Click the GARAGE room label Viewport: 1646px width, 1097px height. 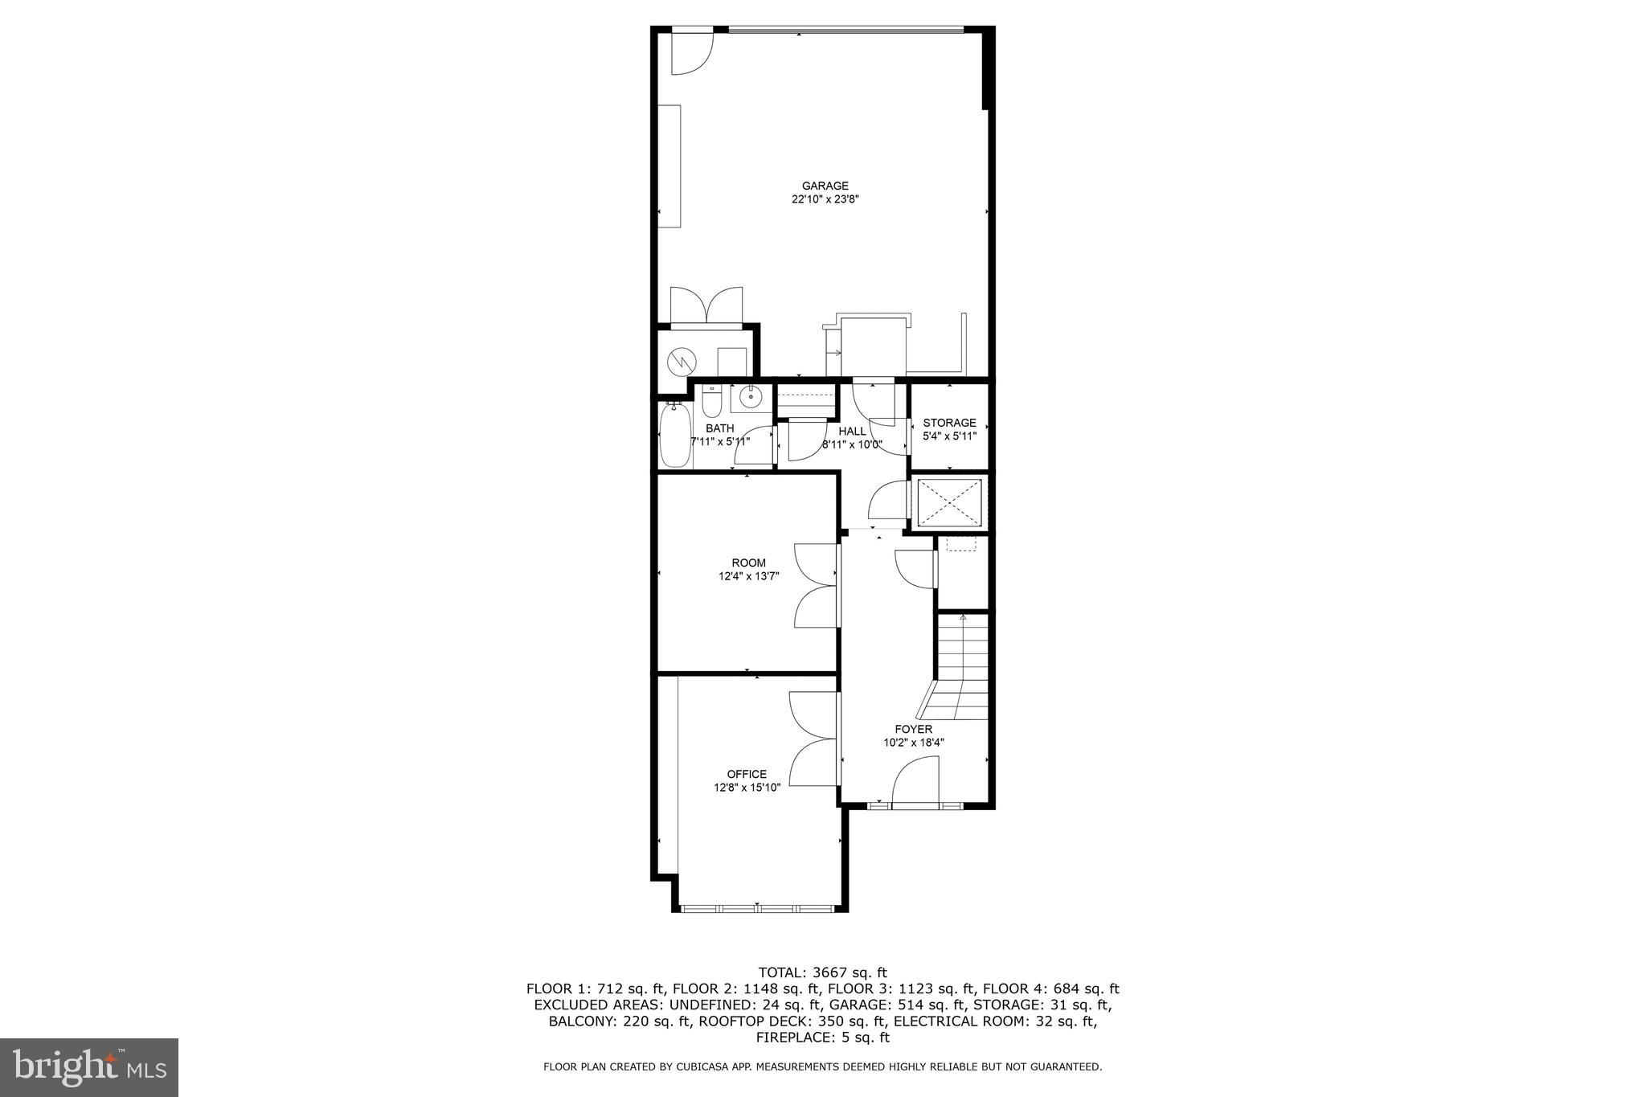click(x=825, y=186)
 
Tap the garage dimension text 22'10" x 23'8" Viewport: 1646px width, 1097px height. click(x=825, y=199)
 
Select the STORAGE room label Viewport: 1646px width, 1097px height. click(x=949, y=423)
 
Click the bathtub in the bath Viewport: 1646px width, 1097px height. click(x=675, y=436)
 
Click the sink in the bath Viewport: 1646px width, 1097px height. click(x=751, y=398)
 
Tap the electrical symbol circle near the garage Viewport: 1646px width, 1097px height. click(x=681, y=361)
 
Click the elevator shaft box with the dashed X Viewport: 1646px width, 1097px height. click(x=949, y=503)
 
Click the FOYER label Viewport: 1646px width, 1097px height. click(x=914, y=730)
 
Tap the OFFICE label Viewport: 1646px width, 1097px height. click(x=747, y=775)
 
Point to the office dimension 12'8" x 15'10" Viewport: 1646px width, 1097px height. click(x=747, y=788)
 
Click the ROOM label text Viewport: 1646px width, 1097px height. click(x=748, y=563)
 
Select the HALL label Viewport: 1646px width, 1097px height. click(x=852, y=432)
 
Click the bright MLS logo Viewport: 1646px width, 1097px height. click(x=89, y=1067)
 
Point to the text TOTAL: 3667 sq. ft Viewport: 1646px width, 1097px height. click(x=822, y=972)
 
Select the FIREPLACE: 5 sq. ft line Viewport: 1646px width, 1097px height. click(x=822, y=1038)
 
